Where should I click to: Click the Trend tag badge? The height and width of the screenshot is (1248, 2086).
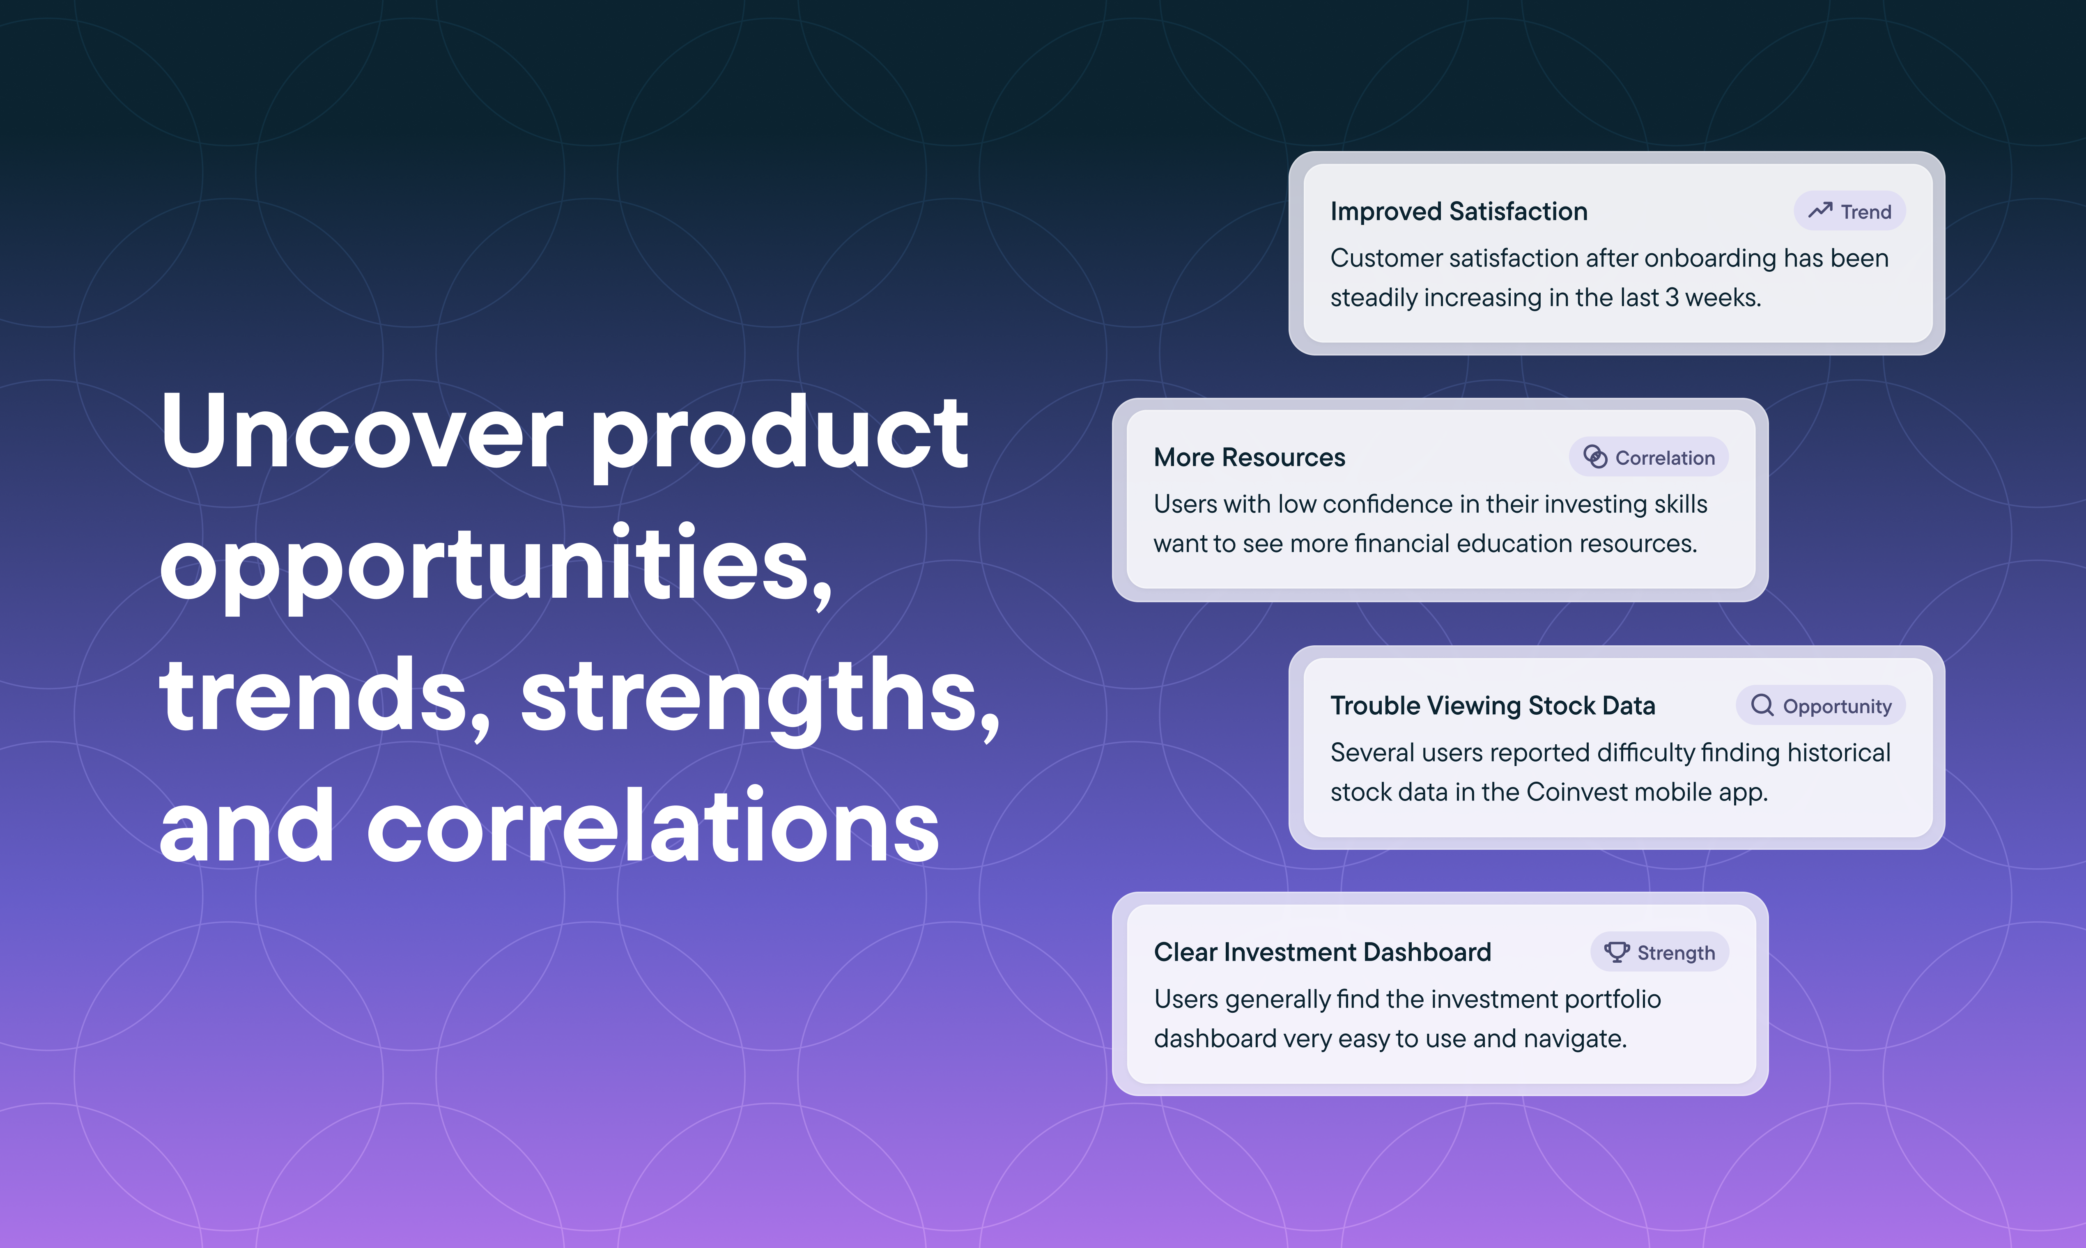pyautogui.click(x=1849, y=211)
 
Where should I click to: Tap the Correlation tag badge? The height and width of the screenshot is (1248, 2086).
pyautogui.click(x=1649, y=457)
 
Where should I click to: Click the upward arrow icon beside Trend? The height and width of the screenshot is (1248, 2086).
pyautogui.click(x=1820, y=210)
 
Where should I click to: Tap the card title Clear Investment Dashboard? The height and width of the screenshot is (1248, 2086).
pyautogui.click(x=1322, y=952)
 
